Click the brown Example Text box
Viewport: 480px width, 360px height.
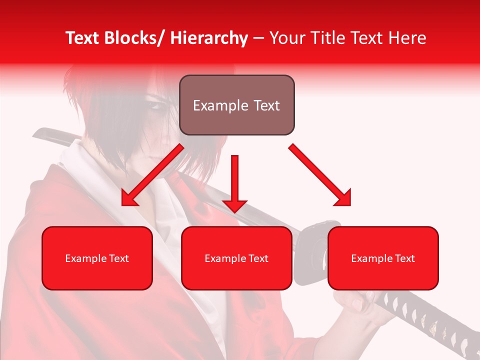tap(236, 105)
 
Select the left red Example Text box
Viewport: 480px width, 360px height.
tap(97, 258)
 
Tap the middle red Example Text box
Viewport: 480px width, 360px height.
tap(236, 258)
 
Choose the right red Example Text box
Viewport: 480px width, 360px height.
tap(383, 258)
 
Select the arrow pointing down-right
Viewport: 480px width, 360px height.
tap(321, 175)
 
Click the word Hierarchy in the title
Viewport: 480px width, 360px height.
tap(208, 38)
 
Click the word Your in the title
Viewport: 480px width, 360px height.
tap(285, 38)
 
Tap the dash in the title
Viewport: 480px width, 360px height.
tap(258, 38)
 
